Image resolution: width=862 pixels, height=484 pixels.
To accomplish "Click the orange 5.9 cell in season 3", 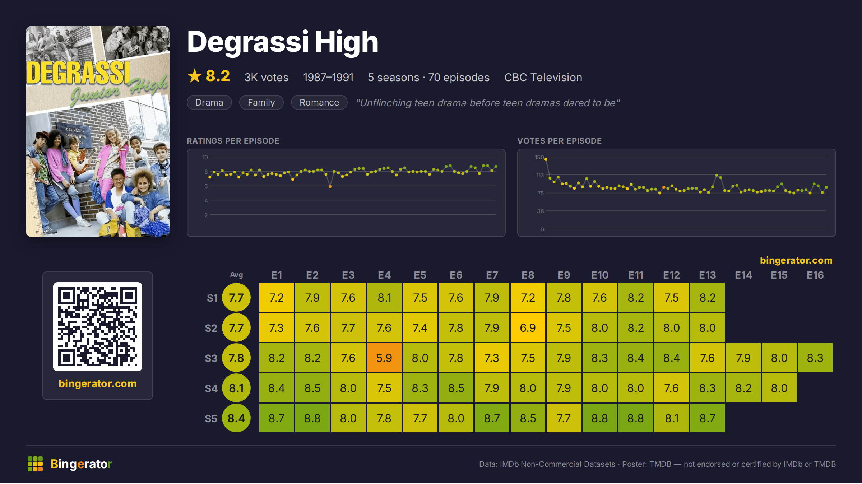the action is [x=384, y=358].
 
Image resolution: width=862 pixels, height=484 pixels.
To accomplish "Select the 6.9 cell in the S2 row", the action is [x=528, y=327].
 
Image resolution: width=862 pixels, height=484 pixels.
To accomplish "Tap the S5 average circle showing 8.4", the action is [x=236, y=418].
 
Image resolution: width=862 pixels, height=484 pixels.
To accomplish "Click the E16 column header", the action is [x=815, y=275].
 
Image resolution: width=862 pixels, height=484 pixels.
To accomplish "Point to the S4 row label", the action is [x=211, y=388].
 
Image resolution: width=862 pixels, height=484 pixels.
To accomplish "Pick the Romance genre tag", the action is [x=319, y=102].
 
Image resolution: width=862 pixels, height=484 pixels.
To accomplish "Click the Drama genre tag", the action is [x=209, y=102].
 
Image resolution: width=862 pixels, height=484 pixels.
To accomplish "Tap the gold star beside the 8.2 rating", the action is [x=195, y=76].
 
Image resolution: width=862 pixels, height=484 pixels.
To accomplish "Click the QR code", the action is [x=98, y=327].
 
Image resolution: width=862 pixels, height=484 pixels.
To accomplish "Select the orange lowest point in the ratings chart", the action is [x=330, y=186].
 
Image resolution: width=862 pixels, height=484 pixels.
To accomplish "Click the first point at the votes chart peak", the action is [x=546, y=159].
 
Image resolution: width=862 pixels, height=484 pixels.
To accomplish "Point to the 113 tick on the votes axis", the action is [x=540, y=175].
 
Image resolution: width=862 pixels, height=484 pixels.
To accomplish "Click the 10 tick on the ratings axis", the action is [x=205, y=157].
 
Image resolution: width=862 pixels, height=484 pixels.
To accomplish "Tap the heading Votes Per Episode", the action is [x=559, y=141].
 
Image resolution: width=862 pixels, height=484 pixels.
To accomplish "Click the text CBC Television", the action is [x=543, y=77].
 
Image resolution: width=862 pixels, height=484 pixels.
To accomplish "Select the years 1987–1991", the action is [x=328, y=77].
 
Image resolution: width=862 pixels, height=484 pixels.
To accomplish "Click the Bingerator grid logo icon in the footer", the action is [x=35, y=464].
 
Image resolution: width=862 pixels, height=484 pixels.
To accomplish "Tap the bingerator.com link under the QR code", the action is [x=98, y=383].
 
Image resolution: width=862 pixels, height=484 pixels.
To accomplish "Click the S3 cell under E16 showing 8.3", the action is [x=815, y=358].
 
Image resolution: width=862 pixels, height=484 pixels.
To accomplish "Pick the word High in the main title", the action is [x=347, y=42].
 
